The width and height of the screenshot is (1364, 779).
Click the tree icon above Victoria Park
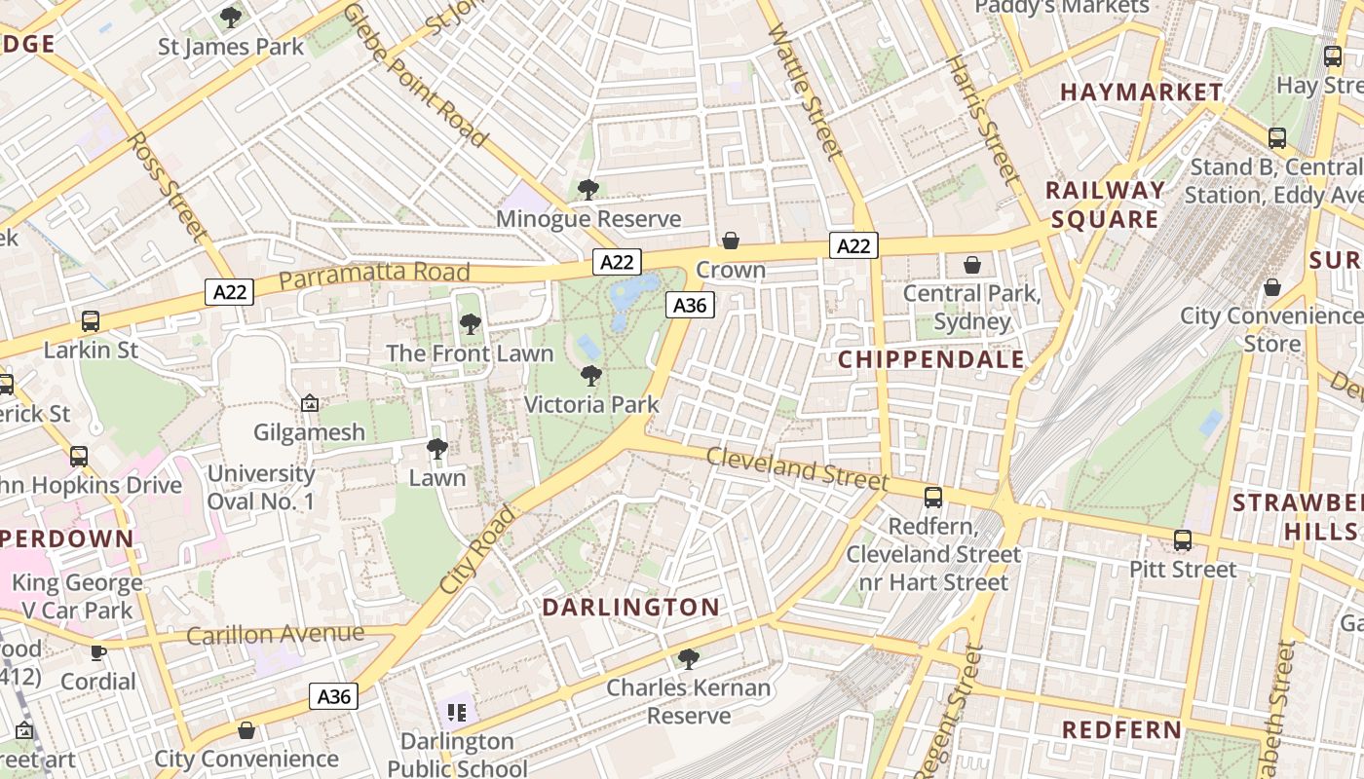pyautogui.click(x=590, y=376)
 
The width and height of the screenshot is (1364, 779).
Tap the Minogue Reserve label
pyautogui.click(x=588, y=219)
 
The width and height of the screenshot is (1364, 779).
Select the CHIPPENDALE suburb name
pyautogui.click(x=931, y=359)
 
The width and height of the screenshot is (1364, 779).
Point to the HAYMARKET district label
pyautogui.click(x=1141, y=93)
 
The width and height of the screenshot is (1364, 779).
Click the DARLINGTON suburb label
pyautogui.click(x=630, y=608)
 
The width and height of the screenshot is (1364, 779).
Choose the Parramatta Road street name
pyautogui.click(x=374, y=277)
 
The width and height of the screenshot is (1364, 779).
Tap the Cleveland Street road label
pyautogui.click(x=797, y=469)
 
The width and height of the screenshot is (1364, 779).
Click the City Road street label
pyautogui.click(x=476, y=551)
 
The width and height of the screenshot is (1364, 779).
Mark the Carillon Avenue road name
pyautogui.click(x=276, y=635)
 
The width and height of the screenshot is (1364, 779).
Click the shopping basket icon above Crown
pyautogui.click(x=731, y=241)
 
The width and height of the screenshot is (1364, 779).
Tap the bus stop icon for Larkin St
pyautogui.click(x=91, y=320)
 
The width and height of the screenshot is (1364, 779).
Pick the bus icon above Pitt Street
pyautogui.click(x=1183, y=540)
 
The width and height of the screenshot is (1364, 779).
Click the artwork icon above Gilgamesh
pyautogui.click(x=310, y=403)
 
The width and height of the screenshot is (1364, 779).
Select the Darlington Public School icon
pyautogui.click(x=457, y=713)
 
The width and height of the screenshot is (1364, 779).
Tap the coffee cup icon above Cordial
pyautogui.click(x=98, y=652)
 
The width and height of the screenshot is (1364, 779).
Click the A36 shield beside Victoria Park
pyautogui.click(x=690, y=306)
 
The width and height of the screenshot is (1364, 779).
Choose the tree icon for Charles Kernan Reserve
pyautogui.click(x=689, y=659)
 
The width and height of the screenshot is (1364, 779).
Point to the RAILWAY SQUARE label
pyautogui.click(x=1105, y=204)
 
